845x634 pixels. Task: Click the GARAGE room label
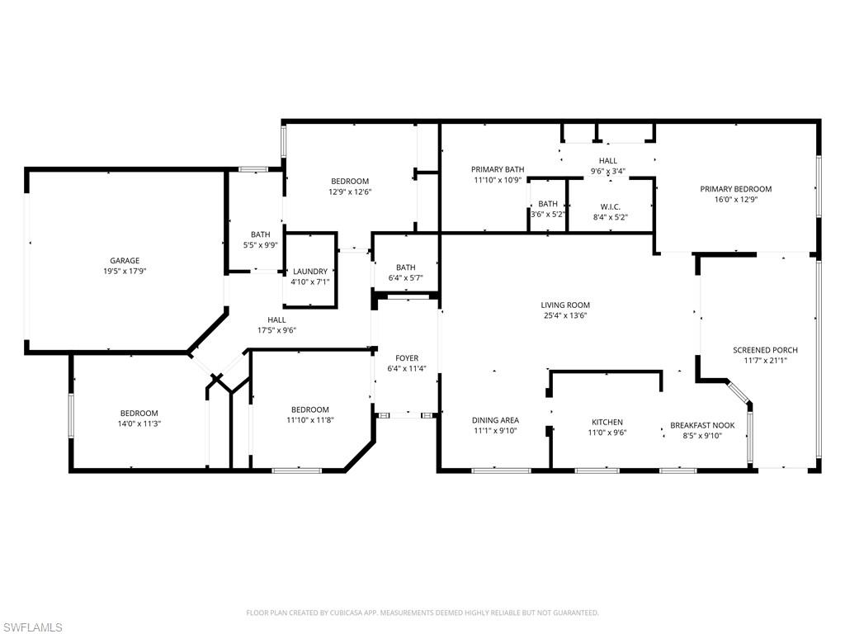point(125,261)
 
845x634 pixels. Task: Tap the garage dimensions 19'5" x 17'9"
point(125,271)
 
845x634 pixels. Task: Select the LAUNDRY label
point(309,272)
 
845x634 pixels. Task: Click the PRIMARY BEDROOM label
point(735,189)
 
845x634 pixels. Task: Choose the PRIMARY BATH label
point(498,169)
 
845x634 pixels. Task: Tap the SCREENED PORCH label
point(765,350)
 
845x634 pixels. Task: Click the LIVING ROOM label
point(565,305)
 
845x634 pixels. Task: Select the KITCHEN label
point(607,423)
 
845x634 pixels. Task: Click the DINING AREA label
point(495,420)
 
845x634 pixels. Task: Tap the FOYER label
point(406,358)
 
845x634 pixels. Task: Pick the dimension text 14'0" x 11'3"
point(139,423)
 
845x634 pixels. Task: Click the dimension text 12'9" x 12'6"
point(350,192)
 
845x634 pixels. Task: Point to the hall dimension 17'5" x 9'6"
point(276,330)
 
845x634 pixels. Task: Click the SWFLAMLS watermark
point(32,627)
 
